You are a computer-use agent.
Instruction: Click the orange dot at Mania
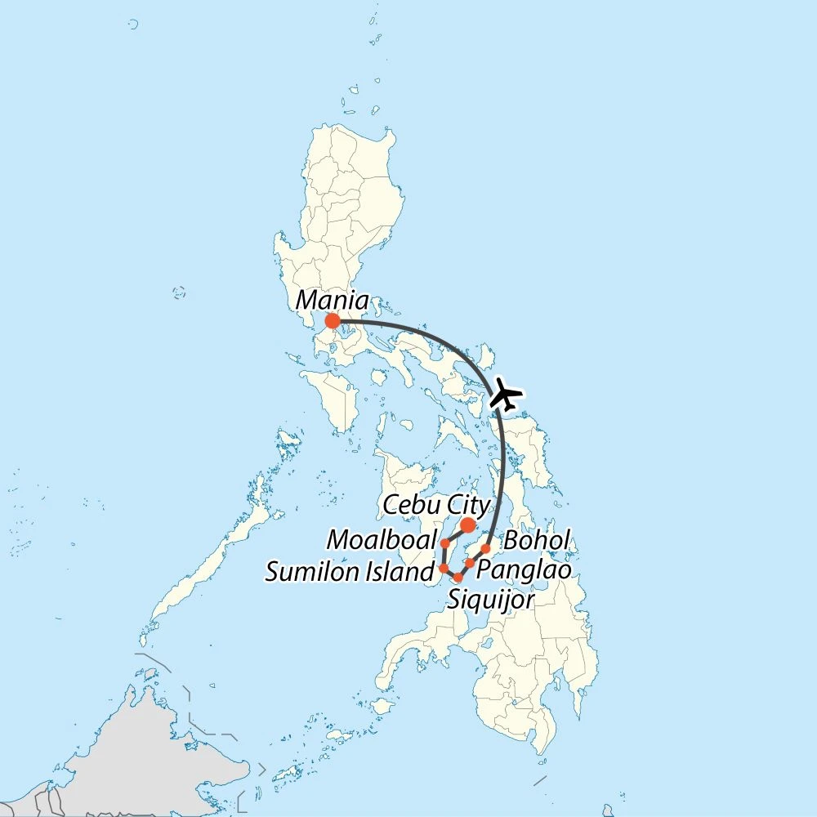[332, 321]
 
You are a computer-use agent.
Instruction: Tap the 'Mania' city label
[332, 300]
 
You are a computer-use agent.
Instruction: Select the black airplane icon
[507, 397]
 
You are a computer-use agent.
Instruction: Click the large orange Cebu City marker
[467, 525]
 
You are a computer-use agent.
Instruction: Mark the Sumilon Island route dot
[443, 568]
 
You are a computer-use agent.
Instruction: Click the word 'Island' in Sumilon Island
[400, 572]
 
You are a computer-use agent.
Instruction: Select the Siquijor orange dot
[458, 578]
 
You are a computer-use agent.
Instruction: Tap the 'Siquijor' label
[491, 600]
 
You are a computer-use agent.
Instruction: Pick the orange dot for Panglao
[471, 564]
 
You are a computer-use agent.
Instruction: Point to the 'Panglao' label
[523, 569]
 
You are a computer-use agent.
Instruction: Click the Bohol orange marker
[485, 548]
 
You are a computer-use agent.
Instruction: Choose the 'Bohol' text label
[536, 541]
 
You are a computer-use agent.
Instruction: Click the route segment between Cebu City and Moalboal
[456, 534]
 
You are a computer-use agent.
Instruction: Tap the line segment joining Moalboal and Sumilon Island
[443, 556]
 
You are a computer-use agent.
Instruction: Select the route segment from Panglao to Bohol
[478, 556]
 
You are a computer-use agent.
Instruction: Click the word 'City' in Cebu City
[467, 505]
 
